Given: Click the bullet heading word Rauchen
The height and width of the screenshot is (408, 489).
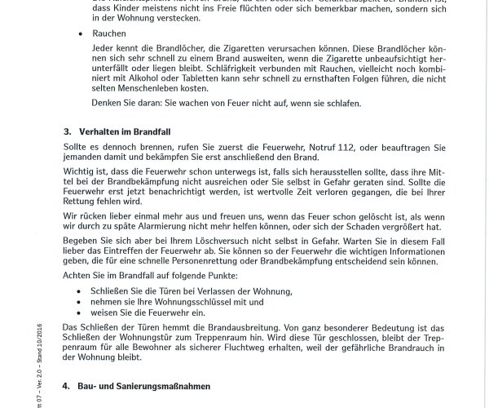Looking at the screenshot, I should point(108,35).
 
